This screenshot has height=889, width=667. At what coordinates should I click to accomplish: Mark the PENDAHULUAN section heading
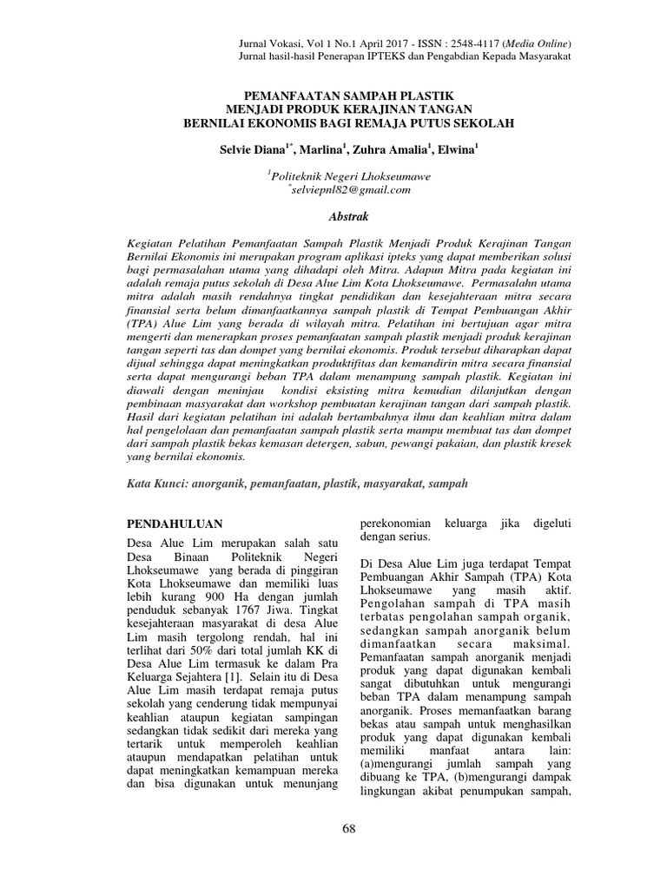coord(175,524)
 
